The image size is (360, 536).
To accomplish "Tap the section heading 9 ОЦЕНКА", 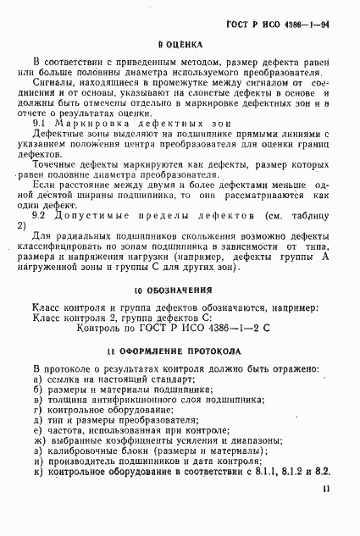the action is [179, 42].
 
